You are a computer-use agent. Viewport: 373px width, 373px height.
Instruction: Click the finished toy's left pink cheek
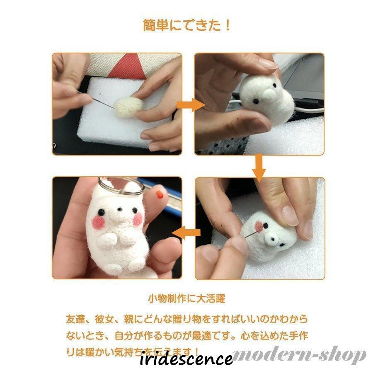[x=99, y=223]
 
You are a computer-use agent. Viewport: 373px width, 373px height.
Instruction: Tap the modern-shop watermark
[x=299, y=355]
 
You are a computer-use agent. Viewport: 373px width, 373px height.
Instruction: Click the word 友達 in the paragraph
[x=76, y=320]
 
